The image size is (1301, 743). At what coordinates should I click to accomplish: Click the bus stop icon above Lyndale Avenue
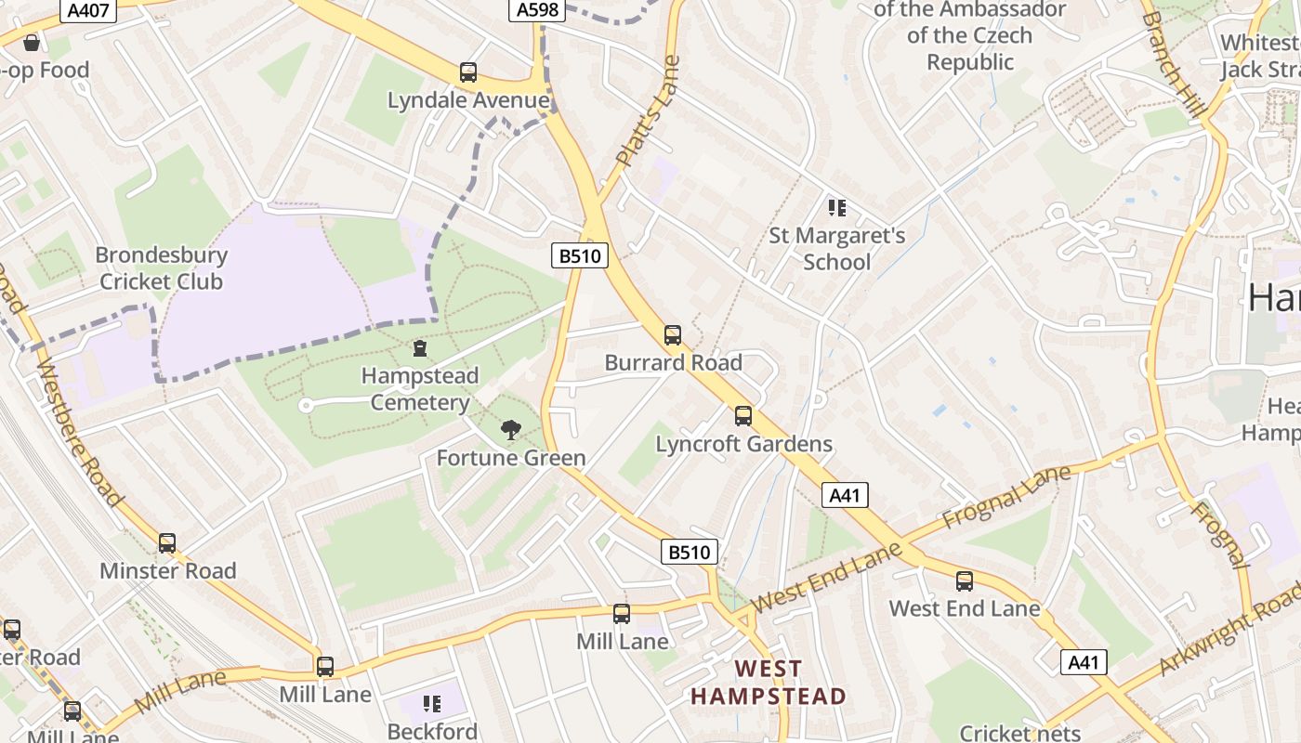[x=468, y=72]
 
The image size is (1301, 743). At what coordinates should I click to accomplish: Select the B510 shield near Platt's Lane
[x=581, y=255]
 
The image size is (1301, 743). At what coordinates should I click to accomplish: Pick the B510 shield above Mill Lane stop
[x=690, y=552]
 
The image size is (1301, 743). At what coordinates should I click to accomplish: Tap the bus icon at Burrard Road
[x=673, y=335]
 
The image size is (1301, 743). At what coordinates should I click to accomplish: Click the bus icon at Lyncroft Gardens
[x=743, y=416]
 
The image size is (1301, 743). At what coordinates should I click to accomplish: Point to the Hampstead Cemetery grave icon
[x=420, y=348]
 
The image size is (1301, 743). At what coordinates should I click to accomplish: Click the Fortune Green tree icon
[x=510, y=430]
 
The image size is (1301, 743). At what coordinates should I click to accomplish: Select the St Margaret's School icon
[x=836, y=208]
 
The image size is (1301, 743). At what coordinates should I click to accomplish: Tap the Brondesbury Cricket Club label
[x=162, y=267]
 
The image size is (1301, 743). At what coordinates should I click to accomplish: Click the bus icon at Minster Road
[x=167, y=543]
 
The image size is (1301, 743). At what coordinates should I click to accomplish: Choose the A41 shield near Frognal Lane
[x=845, y=495]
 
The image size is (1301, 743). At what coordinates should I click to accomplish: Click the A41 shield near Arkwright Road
[x=1084, y=662]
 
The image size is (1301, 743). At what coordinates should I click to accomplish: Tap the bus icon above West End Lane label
[x=965, y=581]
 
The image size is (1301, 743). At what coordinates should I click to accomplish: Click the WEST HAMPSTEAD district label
[x=768, y=683]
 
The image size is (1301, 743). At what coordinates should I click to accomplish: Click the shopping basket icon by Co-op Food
[x=32, y=43]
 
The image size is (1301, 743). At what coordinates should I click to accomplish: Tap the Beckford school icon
[x=432, y=703]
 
